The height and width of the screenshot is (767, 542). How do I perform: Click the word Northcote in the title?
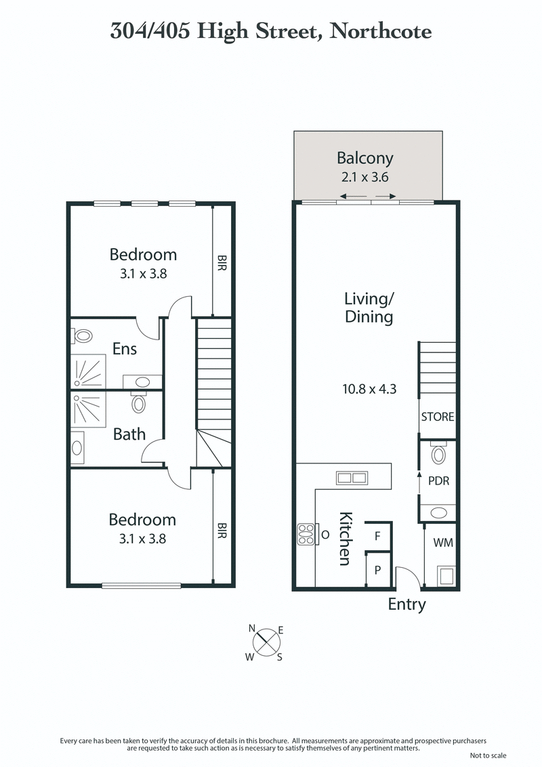coord(380,31)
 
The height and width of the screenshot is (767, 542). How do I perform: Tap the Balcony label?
coord(365,159)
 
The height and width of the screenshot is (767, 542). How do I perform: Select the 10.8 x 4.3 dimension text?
coord(369,390)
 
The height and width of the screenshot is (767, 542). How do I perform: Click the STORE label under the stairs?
coord(438,417)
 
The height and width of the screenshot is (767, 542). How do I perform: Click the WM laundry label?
coord(444,541)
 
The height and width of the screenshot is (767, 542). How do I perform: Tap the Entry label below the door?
coord(406,604)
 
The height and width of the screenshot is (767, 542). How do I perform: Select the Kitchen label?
coord(345,538)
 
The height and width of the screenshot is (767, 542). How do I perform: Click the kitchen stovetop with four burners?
coord(306,535)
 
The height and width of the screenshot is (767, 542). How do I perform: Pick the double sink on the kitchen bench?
coord(352,478)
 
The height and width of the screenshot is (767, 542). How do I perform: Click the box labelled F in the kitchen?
coord(377,535)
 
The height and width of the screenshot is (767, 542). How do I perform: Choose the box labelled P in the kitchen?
coord(377,570)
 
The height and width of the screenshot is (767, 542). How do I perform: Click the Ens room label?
coord(125,349)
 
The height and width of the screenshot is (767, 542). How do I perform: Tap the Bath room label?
coord(129,434)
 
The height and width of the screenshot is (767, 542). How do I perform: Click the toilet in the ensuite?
coord(83,335)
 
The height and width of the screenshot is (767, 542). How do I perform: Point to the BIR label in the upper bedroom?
coord(222,263)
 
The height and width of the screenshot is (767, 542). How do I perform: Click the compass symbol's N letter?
coord(252,628)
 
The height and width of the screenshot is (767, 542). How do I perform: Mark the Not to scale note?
coord(487,755)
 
